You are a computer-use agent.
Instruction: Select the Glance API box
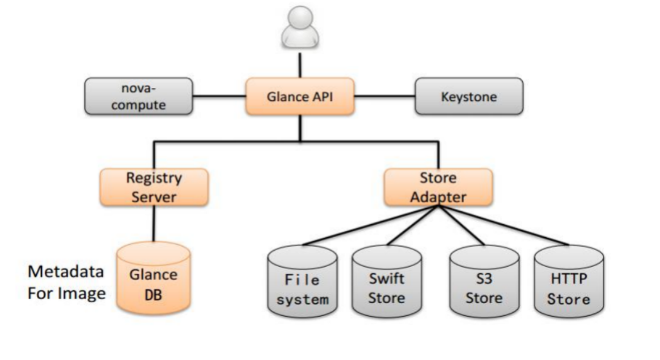[300, 97]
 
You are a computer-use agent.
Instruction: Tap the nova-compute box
[138, 97]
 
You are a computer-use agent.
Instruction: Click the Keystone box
[469, 97]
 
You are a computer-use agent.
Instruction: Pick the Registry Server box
[154, 187]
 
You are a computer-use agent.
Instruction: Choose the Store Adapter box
[438, 187]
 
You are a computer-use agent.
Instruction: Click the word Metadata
[66, 272]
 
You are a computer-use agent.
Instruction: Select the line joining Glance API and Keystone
[384, 97]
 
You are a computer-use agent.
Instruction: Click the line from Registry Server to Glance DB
[154, 224]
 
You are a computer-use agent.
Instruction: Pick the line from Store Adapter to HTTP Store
[504, 226]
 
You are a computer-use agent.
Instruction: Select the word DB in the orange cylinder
[153, 295]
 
